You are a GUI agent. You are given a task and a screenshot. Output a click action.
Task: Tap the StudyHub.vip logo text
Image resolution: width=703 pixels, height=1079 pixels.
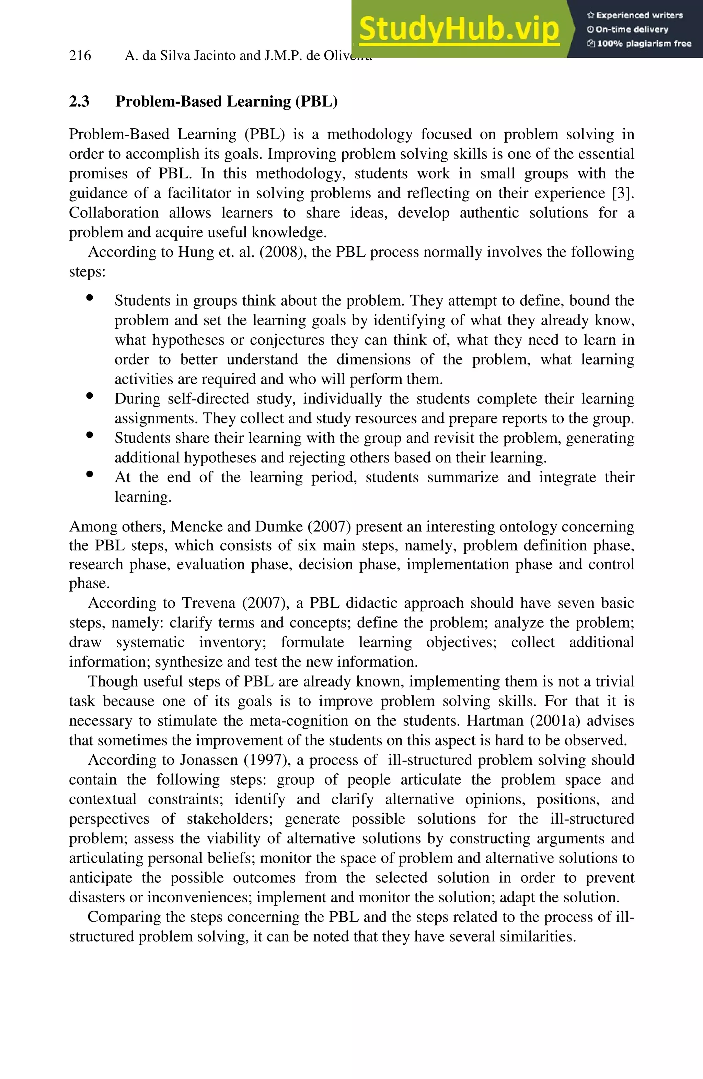click(x=459, y=29)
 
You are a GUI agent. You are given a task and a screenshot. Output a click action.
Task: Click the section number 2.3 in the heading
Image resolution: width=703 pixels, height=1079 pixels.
click(x=79, y=101)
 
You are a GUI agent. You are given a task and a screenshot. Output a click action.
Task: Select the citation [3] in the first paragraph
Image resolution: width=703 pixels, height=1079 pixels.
click(x=622, y=193)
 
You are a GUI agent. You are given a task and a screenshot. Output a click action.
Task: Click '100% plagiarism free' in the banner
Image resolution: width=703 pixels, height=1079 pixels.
click(x=644, y=44)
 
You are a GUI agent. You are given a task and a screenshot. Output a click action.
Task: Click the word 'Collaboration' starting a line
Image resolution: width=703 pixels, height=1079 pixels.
click(x=114, y=213)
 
